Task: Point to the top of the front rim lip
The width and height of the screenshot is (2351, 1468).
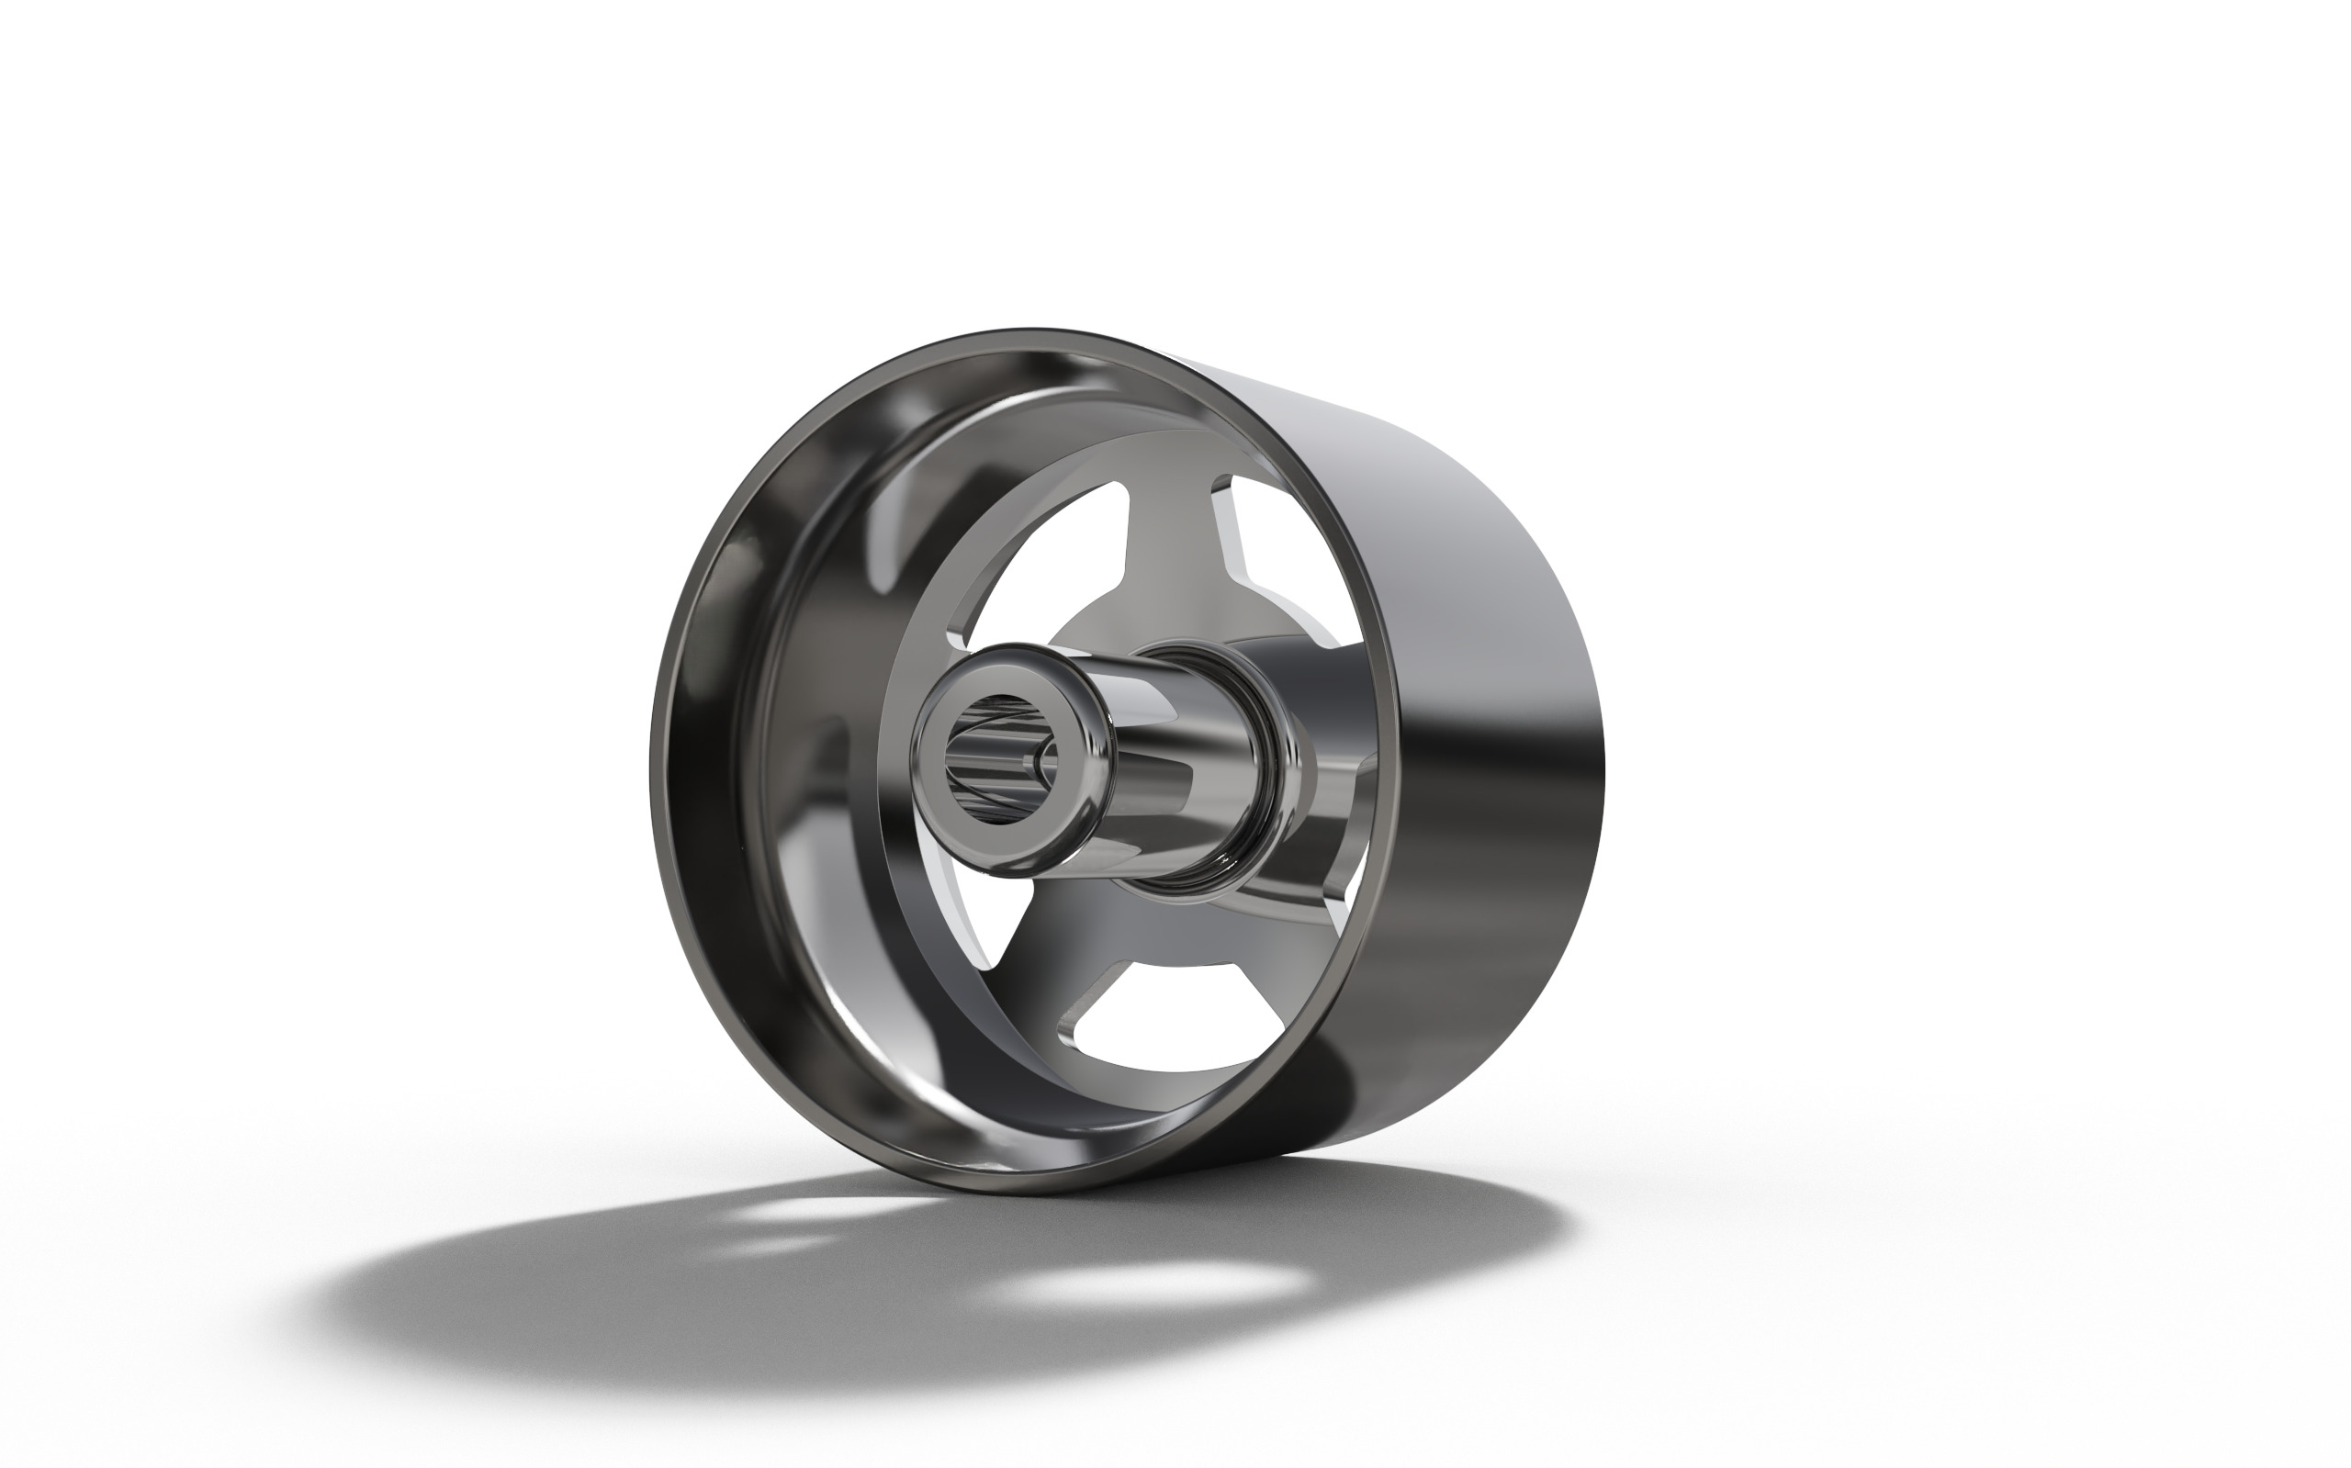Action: pyautogui.click(x=1029, y=335)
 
